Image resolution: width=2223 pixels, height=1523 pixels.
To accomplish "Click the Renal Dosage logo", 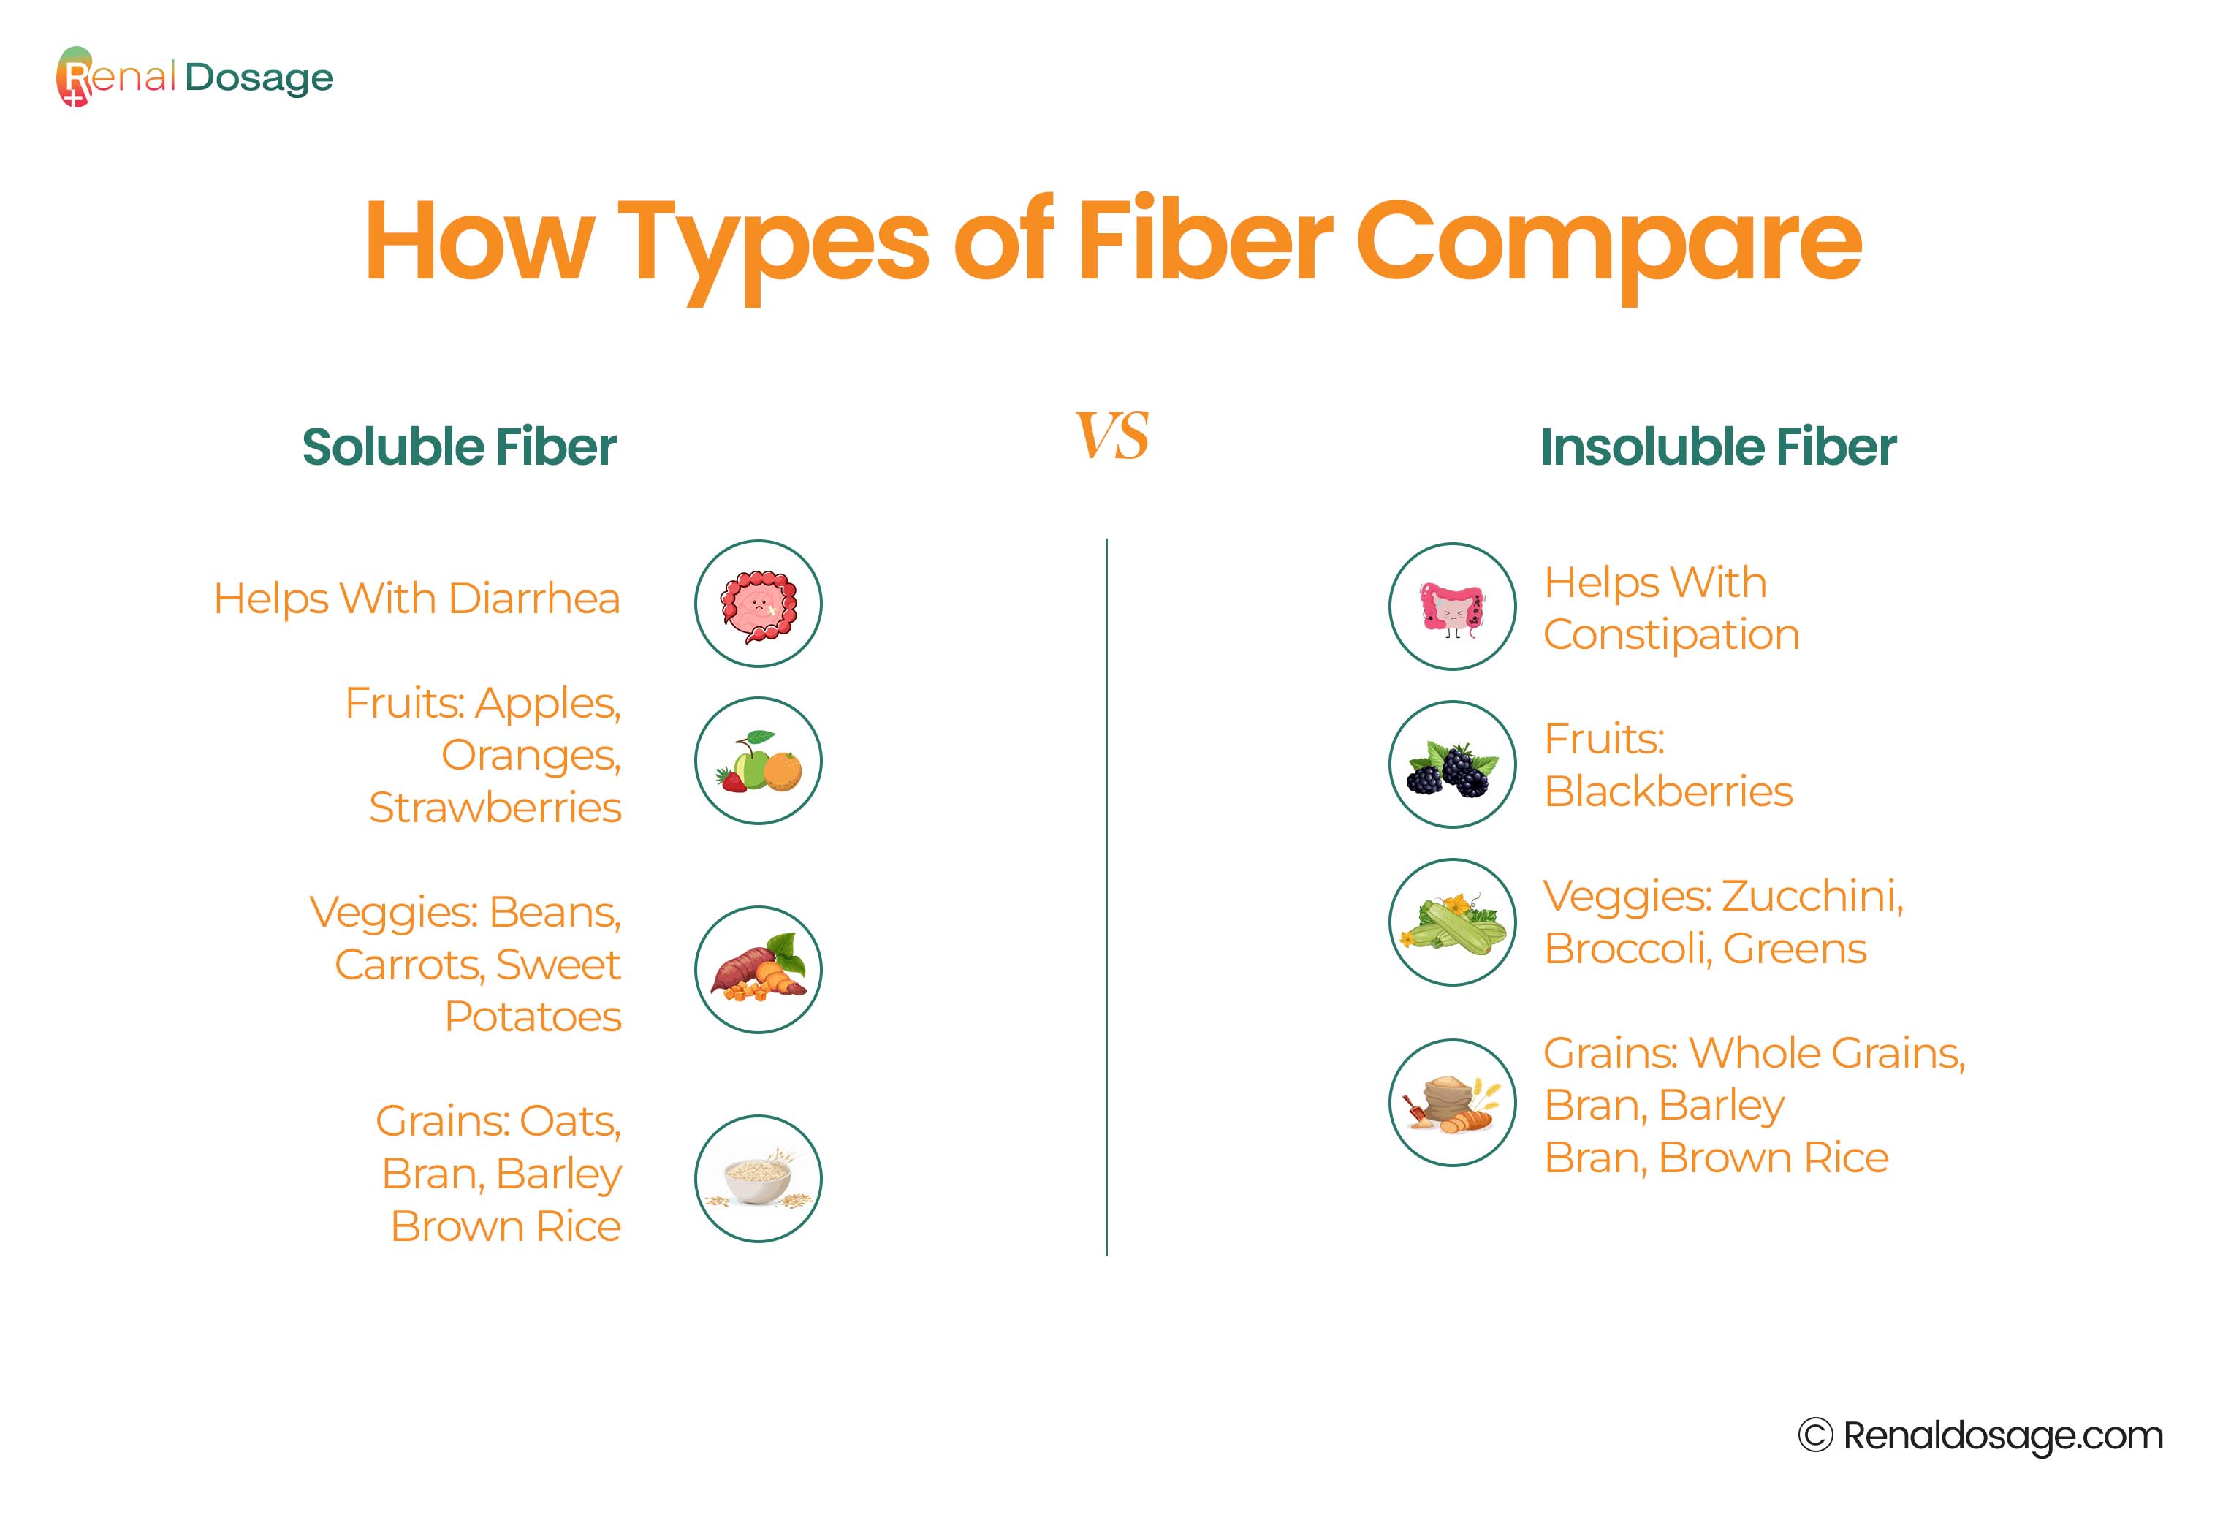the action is point(195,77).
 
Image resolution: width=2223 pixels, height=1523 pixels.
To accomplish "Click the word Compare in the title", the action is point(1609,244).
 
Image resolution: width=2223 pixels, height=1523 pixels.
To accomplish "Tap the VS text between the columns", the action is point(1111,436).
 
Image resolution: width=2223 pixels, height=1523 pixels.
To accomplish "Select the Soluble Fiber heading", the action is point(459,447).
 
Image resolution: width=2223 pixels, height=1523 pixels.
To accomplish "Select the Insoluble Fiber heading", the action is point(1718,447).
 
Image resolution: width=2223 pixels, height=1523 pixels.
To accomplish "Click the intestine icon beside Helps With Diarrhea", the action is point(758,604).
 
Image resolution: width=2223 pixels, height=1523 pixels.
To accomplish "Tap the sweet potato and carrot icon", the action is point(758,969).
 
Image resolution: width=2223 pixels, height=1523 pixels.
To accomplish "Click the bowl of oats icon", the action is point(758,1179).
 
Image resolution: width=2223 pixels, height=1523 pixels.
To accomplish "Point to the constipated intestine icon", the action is point(1452,607).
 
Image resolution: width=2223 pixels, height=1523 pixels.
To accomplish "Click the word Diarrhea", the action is point(533,599).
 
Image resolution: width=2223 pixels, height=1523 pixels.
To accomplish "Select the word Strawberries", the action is point(495,808).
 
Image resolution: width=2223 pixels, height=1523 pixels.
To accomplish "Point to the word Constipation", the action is point(1671,634).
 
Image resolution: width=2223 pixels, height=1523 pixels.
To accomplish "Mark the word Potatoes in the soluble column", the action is point(533,1016).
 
